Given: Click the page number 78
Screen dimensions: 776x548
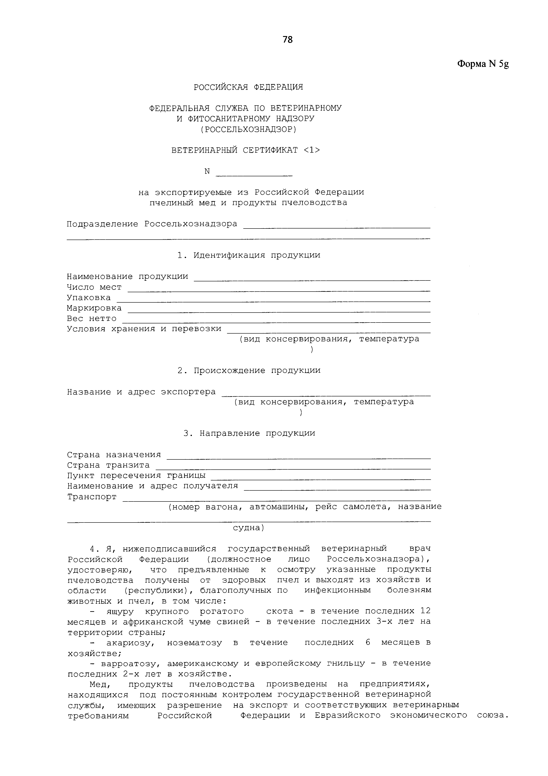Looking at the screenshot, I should (288, 40).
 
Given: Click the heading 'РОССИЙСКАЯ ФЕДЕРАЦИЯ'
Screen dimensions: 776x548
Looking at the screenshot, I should (248, 87).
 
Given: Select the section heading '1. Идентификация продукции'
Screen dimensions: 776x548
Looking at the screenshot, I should (249, 255).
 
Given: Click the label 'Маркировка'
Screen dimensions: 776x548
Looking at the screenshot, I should (94, 308).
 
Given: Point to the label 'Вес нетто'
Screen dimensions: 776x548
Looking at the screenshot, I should (92, 319).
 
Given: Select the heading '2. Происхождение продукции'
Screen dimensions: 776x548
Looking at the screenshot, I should (249, 371).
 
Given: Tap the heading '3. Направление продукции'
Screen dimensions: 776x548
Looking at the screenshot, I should (249, 433).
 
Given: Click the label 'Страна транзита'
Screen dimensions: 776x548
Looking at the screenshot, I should (108, 465).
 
